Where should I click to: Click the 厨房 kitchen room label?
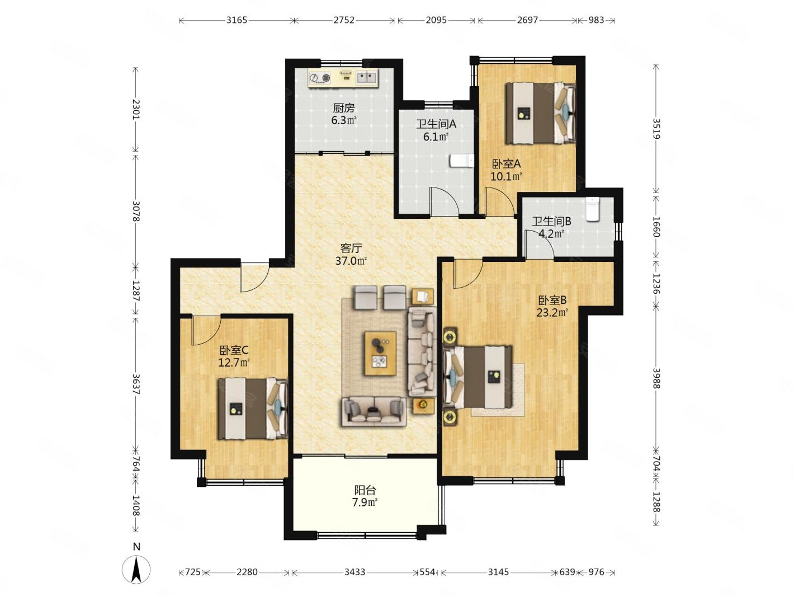pyautogui.click(x=343, y=107)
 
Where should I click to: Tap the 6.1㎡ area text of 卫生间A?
pyautogui.click(x=436, y=137)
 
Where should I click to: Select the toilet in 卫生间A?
pyautogui.click(x=461, y=161)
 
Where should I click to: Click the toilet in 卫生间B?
pyautogui.click(x=593, y=209)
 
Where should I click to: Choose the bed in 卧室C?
pyautogui.click(x=253, y=409)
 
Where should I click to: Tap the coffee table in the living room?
pyautogui.click(x=380, y=353)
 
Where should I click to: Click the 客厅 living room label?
pyautogui.click(x=351, y=248)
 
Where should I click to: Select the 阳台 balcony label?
pyautogui.click(x=365, y=490)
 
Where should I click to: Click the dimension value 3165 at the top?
pyautogui.click(x=237, y=20)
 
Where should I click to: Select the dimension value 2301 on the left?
pyautogui.click(x=136, y=109)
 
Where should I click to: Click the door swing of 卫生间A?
pyautogui.click(x=444, y=201)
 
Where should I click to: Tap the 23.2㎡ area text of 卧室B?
pyautogui.click(x=552, y=312)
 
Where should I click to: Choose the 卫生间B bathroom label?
pyautogui.click(x=551, y=221)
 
